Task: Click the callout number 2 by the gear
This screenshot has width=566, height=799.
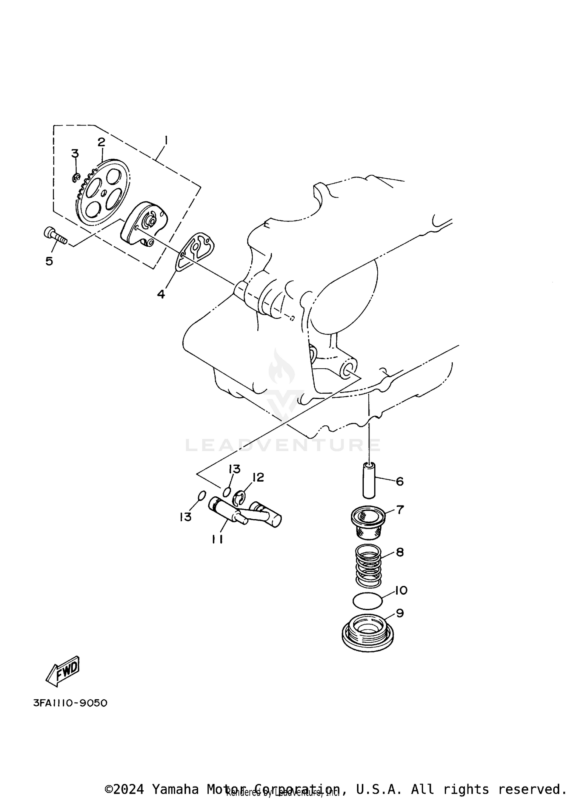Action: pyautogui.click(x=101, y=142)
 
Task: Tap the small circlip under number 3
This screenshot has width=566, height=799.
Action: pyautogui.click(x=75, y=176)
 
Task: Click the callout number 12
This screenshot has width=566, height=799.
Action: pyautogui.click(x=258, y=478)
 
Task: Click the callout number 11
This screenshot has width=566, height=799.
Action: pyautogui.click(x=217, y=539)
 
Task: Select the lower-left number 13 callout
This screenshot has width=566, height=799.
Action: pyautogui.click(x=186, y=517)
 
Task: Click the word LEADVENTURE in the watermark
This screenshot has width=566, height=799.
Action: pyautogui.click(x=283, y=445)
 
